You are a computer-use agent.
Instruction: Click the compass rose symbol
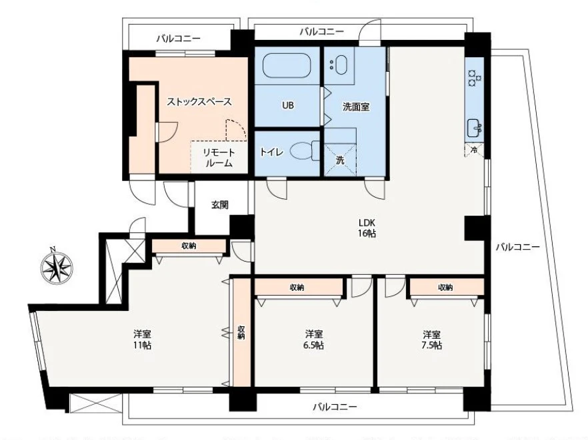(x=57, y=267)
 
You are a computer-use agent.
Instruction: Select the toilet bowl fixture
(x=306, y=151)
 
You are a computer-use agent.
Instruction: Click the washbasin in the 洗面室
(x=339, y=65)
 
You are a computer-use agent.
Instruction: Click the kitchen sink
(x=475, y=126)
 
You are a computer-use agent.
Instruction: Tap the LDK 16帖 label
(x=367, y=228)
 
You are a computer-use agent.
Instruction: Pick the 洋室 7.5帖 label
(x=431, y=339)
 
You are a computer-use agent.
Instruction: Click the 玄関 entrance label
(x=221, y=204)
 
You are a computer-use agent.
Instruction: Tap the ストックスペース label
(x=199, y=102)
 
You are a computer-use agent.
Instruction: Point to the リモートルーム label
(x=219, y=157)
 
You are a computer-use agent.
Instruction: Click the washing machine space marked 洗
(x=340, y=160)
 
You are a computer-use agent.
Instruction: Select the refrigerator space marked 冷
(x=474, y=150)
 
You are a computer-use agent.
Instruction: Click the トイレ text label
(x=273, y=152)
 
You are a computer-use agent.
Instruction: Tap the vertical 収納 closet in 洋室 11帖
(x=241, y=331)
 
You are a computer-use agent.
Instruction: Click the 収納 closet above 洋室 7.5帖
(x=445, y=288)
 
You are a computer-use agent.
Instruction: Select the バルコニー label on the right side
(x=517, y=246)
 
